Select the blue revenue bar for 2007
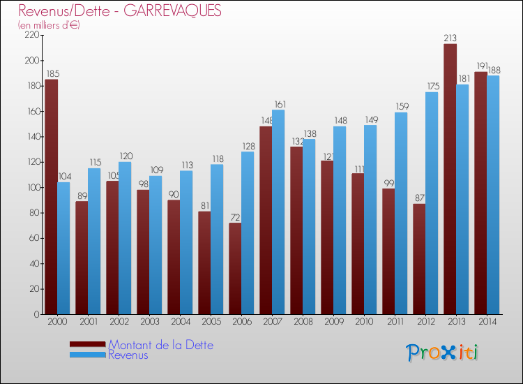(278, 212)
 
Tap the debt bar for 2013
(450, 179)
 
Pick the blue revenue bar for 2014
(493, 195)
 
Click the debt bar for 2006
(235, 268)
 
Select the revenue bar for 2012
(432, 203)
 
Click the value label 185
(52, 74)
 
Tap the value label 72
(235, 217)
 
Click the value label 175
(432, 87)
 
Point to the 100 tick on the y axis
(31, 188)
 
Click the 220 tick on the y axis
(31, 36)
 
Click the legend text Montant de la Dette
(161, 345)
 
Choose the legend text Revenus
(128, 355)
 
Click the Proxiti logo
(442, 352)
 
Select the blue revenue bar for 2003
(156, 244)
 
